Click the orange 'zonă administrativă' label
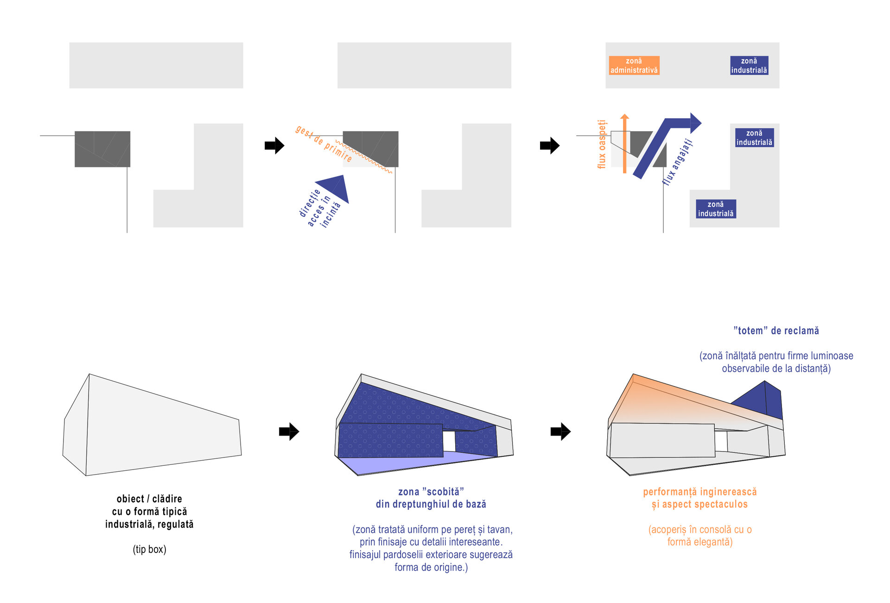634,65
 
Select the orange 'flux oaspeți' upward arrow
625,144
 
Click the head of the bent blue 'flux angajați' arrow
695,123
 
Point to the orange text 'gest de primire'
323,143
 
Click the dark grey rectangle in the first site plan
102,149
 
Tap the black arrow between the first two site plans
274,146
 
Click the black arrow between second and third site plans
550,146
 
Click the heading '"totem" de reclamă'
776,331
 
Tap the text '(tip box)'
149,549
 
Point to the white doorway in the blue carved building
449,441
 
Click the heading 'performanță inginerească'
699,492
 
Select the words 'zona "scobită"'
431,492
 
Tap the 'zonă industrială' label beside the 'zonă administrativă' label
749,65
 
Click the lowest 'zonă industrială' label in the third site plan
716,209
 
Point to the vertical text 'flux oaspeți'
602,144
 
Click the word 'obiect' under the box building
130,499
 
